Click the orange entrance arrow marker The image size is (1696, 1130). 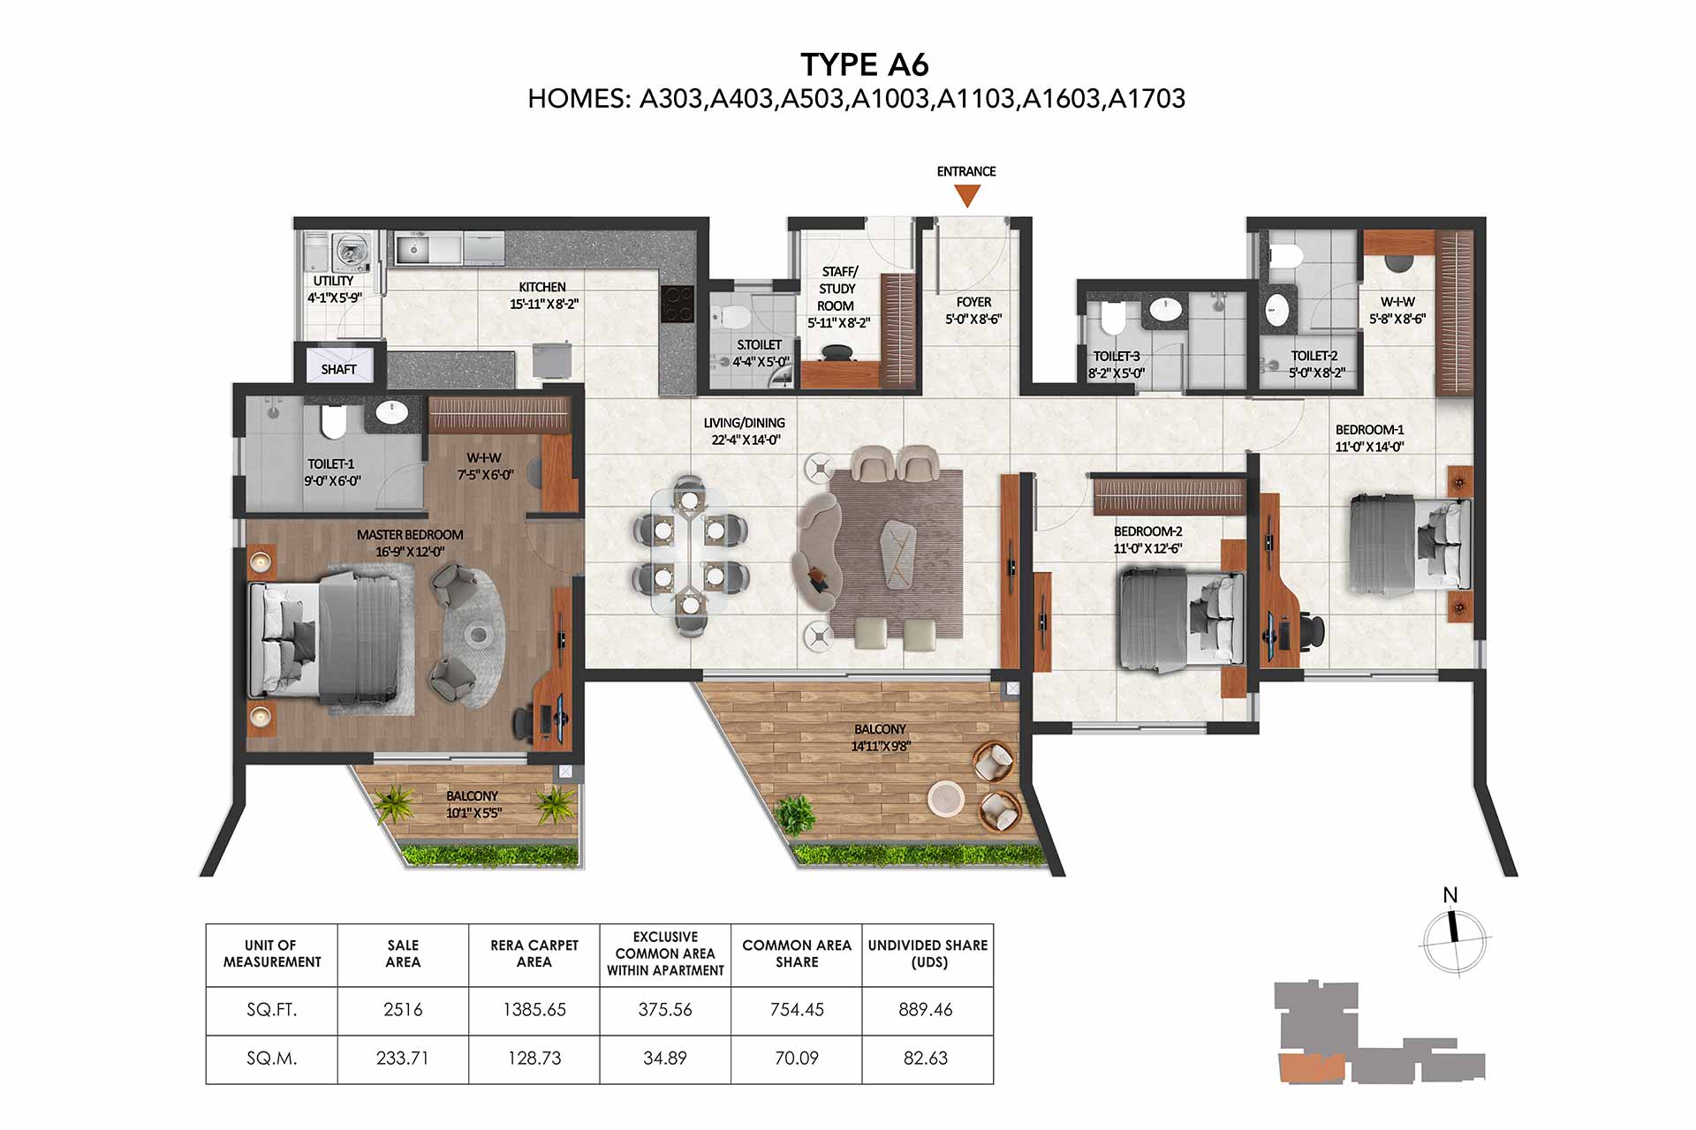(967, 195)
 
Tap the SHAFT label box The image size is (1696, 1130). (339, 367)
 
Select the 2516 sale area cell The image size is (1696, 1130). (403, 1010)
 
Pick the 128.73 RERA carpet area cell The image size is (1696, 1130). (534, 1058)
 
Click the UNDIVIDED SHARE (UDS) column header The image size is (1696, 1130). (927, 954)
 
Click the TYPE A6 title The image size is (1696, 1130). (865, 64)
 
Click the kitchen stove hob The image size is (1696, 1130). (678, 305)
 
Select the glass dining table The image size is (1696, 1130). (689, 552)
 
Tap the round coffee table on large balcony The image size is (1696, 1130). (948, 799)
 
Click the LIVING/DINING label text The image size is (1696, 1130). (745, 424)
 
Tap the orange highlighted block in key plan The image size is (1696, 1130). (1311, 1067)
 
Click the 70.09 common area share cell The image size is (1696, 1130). (797, 1058)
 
